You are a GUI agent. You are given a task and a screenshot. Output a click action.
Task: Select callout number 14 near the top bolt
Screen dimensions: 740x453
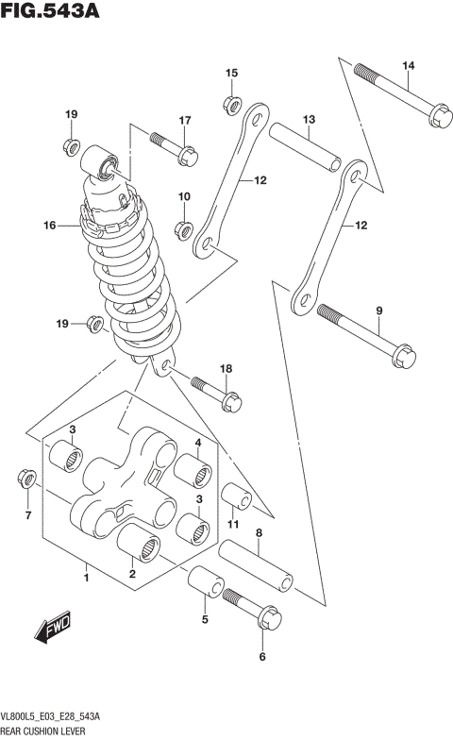(408, 65)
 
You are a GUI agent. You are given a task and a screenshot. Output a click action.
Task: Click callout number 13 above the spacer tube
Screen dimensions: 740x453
(308, 119)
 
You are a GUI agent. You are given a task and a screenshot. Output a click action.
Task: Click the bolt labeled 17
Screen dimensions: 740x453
(172, 145)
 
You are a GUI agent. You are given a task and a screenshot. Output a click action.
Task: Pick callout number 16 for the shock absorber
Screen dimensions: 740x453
(50, 226)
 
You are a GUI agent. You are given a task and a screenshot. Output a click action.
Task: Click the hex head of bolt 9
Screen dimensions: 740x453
(400, 356)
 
